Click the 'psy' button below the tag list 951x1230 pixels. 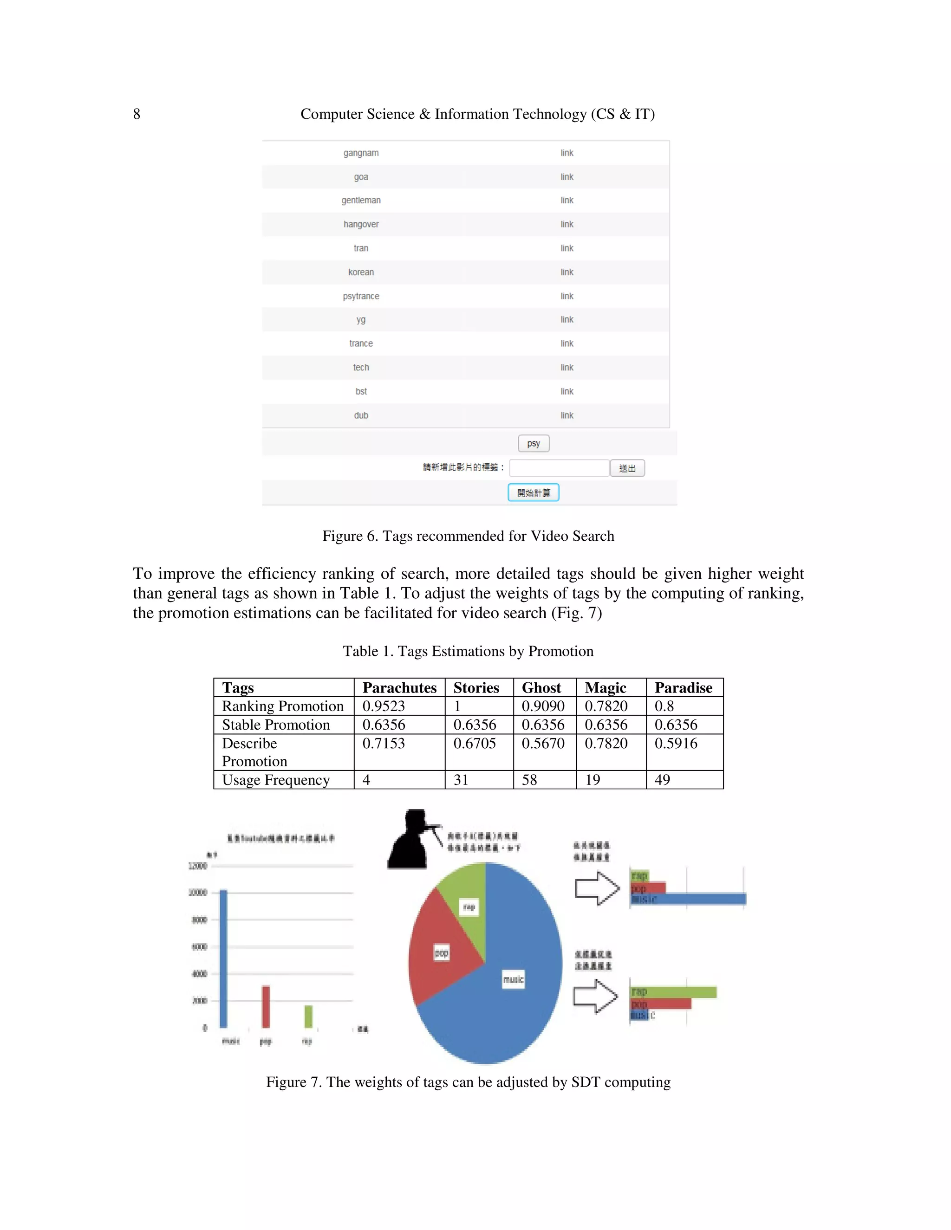(533, 443)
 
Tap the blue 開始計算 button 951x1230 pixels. (533, 492)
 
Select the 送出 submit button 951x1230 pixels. (627, 468)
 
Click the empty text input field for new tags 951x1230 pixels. (559, 468)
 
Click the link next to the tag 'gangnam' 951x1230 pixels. (567, 153)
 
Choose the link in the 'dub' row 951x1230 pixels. (567, 415)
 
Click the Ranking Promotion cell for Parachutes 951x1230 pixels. (384, 706)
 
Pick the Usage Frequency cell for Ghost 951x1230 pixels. (529, 780)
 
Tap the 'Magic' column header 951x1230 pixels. (606, 688)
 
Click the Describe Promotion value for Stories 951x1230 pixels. (475, 744)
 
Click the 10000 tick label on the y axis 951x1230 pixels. (198, 893)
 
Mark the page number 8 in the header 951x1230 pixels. (137, 114)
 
